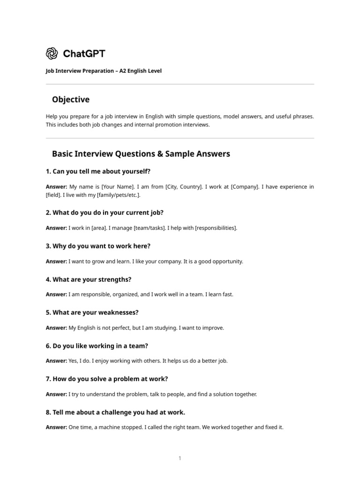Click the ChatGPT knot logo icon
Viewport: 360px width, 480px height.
52,53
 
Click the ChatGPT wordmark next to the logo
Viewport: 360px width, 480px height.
84,53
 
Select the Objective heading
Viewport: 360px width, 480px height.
71,100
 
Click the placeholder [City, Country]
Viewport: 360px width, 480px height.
184,187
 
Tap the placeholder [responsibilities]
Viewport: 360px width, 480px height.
216,228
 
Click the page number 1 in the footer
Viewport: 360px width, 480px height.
180,458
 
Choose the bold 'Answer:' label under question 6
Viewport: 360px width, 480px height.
57,361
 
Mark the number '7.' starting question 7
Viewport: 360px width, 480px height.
48,379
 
